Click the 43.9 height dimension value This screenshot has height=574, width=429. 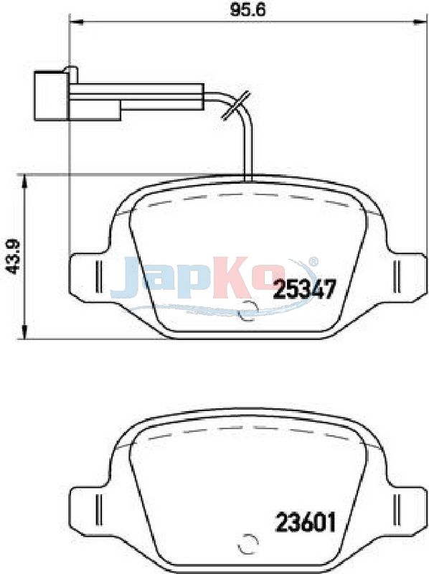click(14, 258)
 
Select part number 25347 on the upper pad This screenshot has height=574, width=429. click(305, 289)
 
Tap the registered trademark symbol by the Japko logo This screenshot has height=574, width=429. click(313, 261)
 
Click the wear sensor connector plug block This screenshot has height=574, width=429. click(77, 96)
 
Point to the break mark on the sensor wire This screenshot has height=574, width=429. click(236, 105)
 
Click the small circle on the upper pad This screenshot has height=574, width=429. click(247, 311)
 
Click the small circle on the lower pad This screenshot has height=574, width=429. click(247, 545)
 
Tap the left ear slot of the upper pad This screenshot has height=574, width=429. click(98, 277)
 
